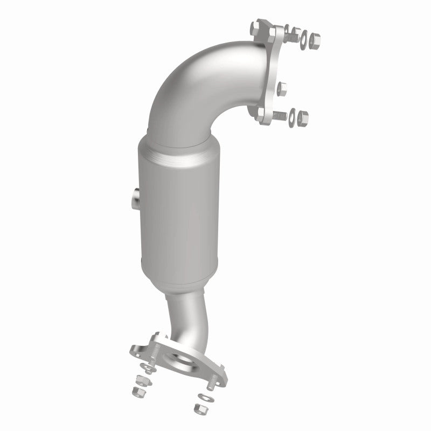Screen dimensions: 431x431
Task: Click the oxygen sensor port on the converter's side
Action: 134,198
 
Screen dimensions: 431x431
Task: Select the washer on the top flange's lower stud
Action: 293,115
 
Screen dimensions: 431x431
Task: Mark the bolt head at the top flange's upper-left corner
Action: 255,26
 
